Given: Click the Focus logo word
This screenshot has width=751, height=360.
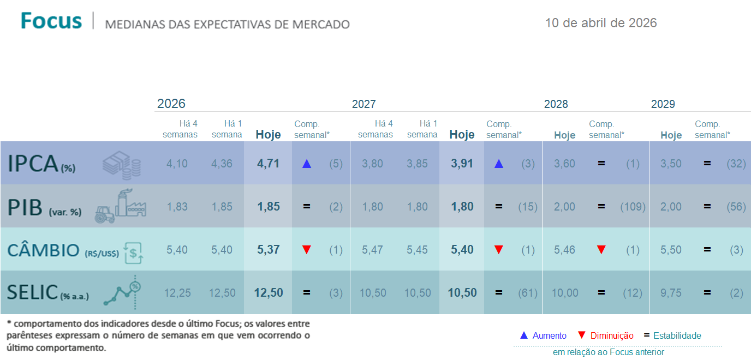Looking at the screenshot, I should [x=51, y=21].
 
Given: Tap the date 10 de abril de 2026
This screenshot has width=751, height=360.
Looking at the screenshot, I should [x=601, y=23].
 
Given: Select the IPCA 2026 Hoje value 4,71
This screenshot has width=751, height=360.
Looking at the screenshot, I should [x=269, y=164].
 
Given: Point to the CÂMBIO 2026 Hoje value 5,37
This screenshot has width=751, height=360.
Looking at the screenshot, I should [x=269, y=250].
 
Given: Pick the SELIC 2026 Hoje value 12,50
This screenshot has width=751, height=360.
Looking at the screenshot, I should [x=269, y=293].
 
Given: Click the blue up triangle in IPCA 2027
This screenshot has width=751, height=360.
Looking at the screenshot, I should [x=498, y=164].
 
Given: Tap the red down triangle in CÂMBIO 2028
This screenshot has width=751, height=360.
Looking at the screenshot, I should [x=601, y=250].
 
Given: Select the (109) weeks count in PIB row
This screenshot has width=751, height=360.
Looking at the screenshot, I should [x=633, y=207].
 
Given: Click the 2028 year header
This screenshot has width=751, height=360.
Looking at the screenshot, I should [x=556, y=104].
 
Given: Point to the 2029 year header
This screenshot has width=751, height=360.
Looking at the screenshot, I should [x=663, y=104].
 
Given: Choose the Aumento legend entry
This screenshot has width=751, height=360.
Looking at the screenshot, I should [x=543, y=335].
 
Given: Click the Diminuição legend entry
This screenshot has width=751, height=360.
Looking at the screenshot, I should [x=605, y=335].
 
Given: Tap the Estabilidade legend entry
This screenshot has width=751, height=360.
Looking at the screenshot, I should [x=672, y=335].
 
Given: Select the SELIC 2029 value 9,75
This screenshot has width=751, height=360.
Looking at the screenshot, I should [x=671, y=293].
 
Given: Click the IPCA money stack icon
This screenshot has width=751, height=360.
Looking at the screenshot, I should [x=122, y=164].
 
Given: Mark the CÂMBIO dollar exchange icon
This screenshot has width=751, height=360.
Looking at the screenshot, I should [x=134, y=250].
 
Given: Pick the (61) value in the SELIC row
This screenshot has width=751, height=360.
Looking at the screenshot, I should [x=528, y=293].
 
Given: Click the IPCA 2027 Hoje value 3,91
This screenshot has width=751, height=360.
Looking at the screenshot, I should [x=462, y=164].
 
